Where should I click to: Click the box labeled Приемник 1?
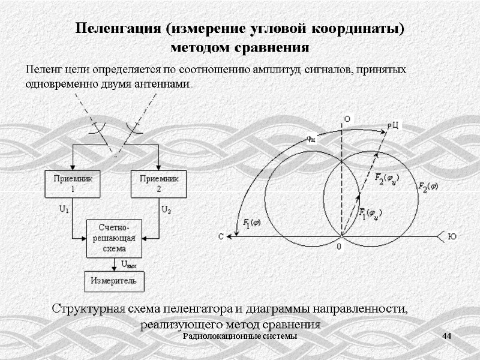click(72, 184)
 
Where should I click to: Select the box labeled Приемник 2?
click(158, 184)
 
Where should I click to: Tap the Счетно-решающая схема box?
click(115, 238)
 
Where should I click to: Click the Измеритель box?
click(114, 281)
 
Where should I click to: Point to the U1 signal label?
click(64, 210)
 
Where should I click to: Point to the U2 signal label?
click(166, 210)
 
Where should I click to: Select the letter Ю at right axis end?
click(452, 236)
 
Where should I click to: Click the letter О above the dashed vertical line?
click(347, 118)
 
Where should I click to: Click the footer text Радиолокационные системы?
click(240, 336)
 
